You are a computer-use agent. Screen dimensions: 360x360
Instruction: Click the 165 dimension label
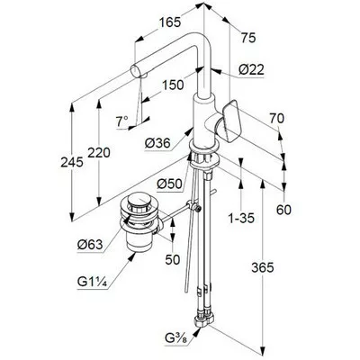pyautogui.click(x=170, y=22)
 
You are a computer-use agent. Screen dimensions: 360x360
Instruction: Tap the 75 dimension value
pyautogui.click(x=248, y=38)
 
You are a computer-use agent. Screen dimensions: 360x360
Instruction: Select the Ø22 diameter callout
pyautogui.click(x=251, y=70)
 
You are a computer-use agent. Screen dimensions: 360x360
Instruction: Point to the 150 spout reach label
pyautogui.click(x=173, y=85)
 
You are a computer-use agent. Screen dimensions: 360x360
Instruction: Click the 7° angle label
pyautogui.click(x=122, y=121)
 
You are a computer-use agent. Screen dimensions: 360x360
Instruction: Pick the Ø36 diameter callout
pyautogui.click(x=157, y=143)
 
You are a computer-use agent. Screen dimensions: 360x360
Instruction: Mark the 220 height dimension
pyautogui.click(x=99, y=153)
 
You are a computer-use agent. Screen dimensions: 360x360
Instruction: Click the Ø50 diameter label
pyautogui.click(x=170, y=184)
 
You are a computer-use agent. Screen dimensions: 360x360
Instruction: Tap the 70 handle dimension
pyautogui.click(x=276, y=119)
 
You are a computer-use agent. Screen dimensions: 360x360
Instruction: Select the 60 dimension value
pyautogui.click(x=283, y=210)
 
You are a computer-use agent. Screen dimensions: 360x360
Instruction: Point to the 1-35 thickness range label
pyautogui.click(x=241, y=218)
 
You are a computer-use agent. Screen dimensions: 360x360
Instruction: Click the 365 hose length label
pyautogui.click(x=263, y=267)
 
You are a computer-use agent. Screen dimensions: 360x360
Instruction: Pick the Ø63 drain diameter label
pyautogui.click(x=90, y=245)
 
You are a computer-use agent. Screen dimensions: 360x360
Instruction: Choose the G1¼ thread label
pyautogui.click(x=93, y=282)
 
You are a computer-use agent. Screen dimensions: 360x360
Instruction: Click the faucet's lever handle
pyautogui.click(x=231, y=121)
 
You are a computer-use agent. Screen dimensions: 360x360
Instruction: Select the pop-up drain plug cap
pyautogui.click(x=139, y=200)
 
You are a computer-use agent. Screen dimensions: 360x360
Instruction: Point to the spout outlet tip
pyautogui.click(x=134, y=71)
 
